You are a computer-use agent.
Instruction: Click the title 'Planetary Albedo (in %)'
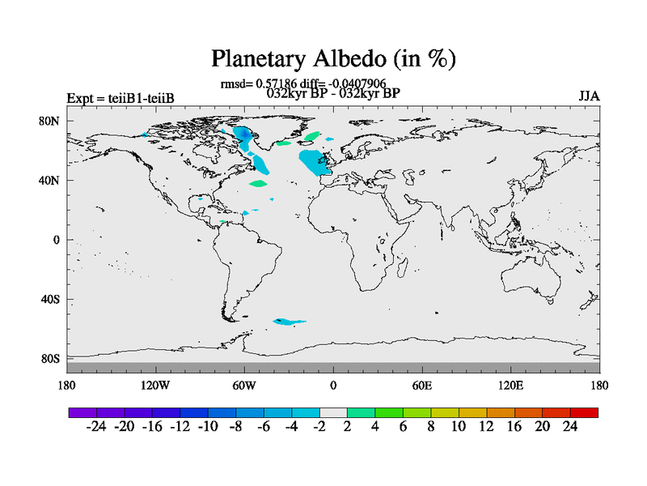pos(333,58)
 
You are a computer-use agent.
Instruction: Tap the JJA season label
pos(589,96)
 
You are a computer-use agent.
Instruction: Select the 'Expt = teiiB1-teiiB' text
pos(121,98)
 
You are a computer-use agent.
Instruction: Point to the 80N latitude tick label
pos(49,121)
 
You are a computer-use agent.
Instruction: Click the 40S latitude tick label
pos(50,299)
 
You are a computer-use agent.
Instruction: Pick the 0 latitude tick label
pos(57,240)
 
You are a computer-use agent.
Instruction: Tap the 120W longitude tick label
pos(155,386)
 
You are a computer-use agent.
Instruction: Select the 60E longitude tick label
pos(421,386)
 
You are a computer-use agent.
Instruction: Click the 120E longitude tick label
pos(511,386)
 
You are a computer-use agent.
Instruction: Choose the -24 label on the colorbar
pos(96,426)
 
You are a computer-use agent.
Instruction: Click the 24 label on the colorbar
pos(570,426)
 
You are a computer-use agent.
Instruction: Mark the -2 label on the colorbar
pos(319,426)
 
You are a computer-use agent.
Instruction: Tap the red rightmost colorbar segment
pos(584,412)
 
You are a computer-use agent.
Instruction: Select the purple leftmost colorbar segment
pos(82,412)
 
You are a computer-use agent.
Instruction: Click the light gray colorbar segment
pos(333,412)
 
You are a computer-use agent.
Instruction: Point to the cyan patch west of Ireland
pos(315,163)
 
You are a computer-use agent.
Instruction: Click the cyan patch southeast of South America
pos(289,322)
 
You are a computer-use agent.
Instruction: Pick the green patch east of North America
pos(258,183)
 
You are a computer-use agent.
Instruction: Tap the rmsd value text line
pos(303,84)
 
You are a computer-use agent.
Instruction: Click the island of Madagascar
pos(402,266)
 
